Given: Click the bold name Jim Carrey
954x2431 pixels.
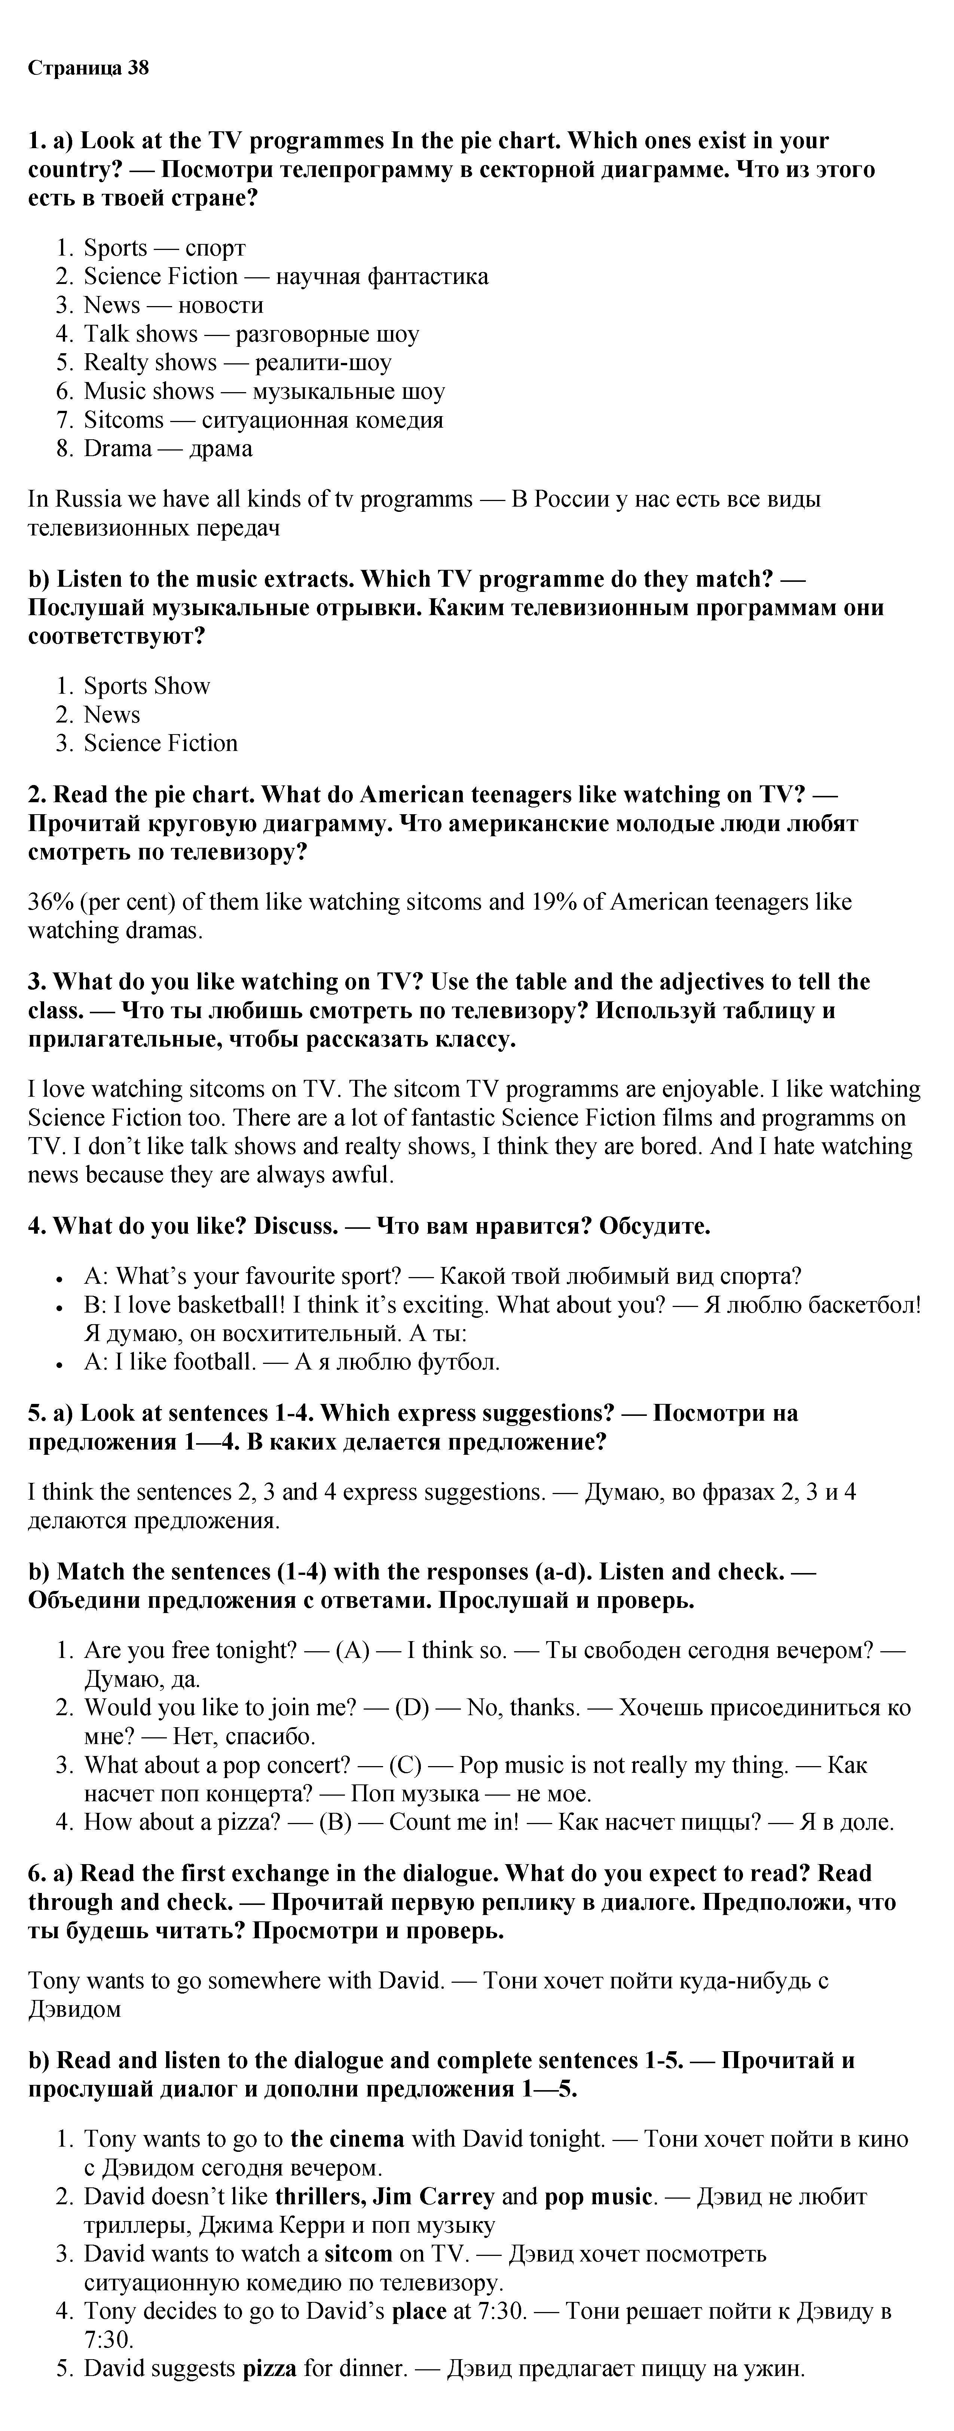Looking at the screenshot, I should coord(433,2196).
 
